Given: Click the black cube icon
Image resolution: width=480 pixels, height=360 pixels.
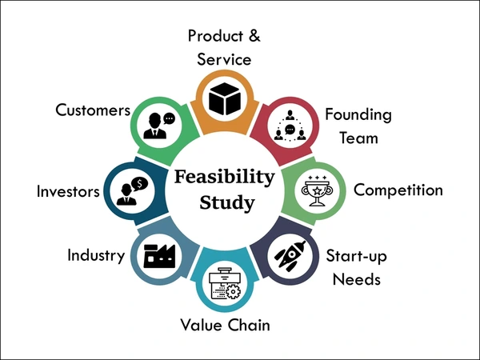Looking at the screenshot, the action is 224,99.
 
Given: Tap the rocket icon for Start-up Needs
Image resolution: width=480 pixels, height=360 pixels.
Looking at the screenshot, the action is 290,256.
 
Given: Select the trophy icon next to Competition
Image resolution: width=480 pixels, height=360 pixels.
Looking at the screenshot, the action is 317,190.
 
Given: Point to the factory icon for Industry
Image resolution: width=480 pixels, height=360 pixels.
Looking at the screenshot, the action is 159,256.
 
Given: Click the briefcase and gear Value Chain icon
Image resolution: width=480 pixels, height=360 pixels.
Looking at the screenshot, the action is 225,283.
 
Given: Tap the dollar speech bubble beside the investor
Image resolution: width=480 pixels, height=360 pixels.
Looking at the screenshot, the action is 139,184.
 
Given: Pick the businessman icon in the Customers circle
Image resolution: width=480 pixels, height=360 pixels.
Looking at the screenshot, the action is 155,126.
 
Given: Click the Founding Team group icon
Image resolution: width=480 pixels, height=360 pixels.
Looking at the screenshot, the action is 290,126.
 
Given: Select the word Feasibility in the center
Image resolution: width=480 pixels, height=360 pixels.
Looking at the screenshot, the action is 224,177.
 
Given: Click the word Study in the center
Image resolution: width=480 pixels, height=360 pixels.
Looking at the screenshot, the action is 227,202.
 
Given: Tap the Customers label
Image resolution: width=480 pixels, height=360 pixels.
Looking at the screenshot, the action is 93,110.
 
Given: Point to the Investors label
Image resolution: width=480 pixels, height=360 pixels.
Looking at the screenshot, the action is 68,191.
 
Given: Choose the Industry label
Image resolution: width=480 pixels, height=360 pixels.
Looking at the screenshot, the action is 96,255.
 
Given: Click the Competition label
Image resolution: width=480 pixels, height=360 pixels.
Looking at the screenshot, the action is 398,190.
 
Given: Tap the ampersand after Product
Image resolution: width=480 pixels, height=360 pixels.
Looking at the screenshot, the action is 254,35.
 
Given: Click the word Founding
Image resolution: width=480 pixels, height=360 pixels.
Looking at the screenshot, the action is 358,115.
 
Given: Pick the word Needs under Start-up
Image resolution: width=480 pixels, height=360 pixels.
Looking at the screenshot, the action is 357,279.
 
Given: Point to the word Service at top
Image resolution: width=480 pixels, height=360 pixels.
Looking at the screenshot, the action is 224,59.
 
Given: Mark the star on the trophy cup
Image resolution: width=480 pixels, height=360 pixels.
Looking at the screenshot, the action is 317,191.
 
